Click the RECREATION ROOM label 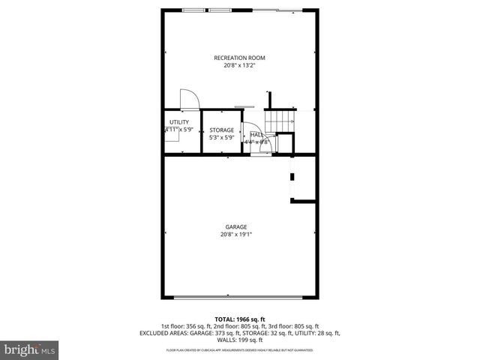[239, 58]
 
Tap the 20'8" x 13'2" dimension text [239, 65]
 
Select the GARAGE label [236, 227]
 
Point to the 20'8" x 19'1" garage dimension [236, 235]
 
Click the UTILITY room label [178, 122]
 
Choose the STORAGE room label [221, 130]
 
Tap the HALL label [256, 134]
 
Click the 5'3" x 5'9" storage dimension [221, 138]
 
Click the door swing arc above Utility [188, 100]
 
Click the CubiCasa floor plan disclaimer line [239, 350]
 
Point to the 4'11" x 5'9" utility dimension [179, 130]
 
